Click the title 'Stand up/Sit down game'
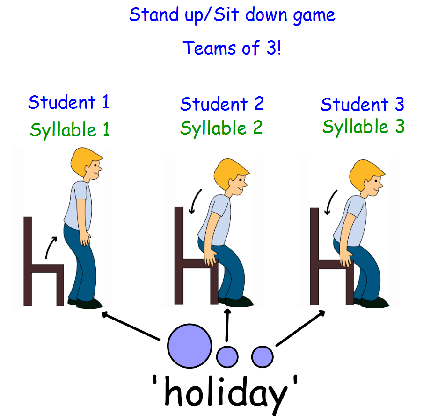click(232, 15)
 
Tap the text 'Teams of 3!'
click(232, 48)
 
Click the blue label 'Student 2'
click(222, 104)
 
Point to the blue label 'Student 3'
click(363, 105)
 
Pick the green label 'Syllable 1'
click(70, 130)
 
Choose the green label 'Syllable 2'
click(221, 128)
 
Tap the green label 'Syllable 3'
click(364, 127)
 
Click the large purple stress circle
click(190, 346)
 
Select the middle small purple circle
click(227, 356)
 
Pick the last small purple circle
click(263, 356)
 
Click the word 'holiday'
click(226, 394)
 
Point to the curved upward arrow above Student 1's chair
click(51, 247)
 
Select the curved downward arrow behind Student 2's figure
click(195, 201)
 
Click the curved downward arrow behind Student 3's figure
click(330, 202)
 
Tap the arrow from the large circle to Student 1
click(131, 326)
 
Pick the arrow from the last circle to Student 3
click(300, 328)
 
